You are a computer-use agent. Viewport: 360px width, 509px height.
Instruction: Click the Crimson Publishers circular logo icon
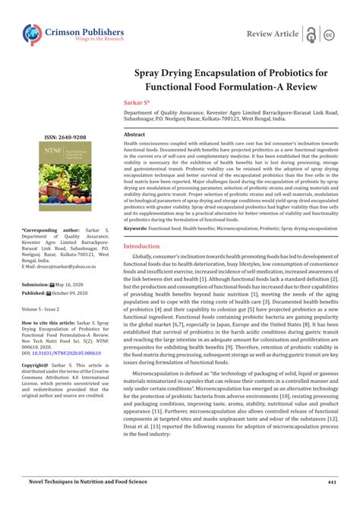pos(32,34)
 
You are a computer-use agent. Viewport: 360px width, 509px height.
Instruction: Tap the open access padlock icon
pos(311,34)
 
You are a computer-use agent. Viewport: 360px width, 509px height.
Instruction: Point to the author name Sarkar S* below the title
pos(137,101)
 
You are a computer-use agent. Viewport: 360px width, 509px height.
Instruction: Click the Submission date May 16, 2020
pos(71,283)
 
